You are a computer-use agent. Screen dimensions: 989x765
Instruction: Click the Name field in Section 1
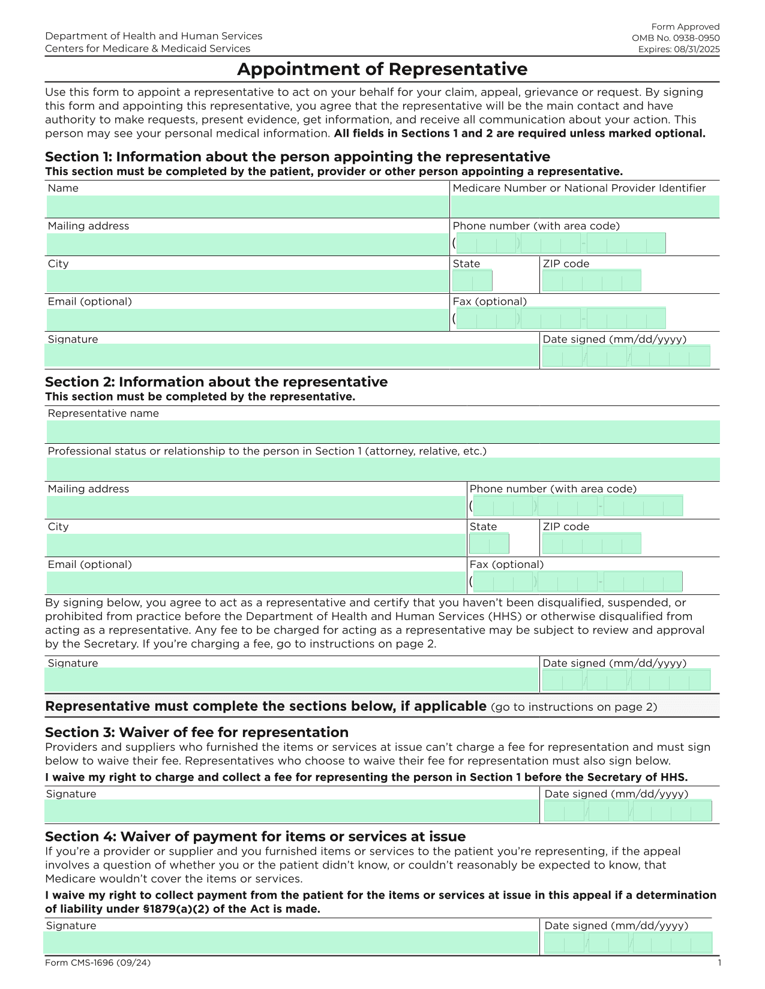point(247,206)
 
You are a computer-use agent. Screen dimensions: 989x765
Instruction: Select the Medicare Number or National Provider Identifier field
point(584,206)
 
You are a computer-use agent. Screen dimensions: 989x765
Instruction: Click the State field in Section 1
point(472,281)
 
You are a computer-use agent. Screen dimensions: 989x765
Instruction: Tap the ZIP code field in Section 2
point(591,543)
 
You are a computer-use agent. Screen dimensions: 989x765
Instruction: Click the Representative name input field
point(382,432)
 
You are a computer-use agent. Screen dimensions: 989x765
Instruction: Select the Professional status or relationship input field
point(382,469)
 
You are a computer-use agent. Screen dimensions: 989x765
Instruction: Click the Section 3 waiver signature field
point(291,811)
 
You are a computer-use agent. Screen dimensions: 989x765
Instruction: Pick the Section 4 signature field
point(291,943)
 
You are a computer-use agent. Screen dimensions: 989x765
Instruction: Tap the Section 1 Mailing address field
point(247,244)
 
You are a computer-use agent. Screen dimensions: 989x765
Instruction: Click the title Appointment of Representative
point(382,70)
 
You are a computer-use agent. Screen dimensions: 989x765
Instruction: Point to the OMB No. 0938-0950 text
point(676,38)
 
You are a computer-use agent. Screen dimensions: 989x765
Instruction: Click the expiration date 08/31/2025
point(696,49)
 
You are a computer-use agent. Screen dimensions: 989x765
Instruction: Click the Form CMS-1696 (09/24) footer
point(98,963)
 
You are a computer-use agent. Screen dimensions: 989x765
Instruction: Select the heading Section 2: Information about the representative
point(216,382)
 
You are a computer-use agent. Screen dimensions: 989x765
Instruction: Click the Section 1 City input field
point(247,281)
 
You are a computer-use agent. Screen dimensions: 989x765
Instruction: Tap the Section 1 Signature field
point(291,356)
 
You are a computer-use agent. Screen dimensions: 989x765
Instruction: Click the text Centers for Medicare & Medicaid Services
point(148,49)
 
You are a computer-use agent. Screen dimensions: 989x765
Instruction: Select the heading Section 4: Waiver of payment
point(255,837)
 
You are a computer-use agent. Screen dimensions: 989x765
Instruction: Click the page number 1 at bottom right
point(719,963)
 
